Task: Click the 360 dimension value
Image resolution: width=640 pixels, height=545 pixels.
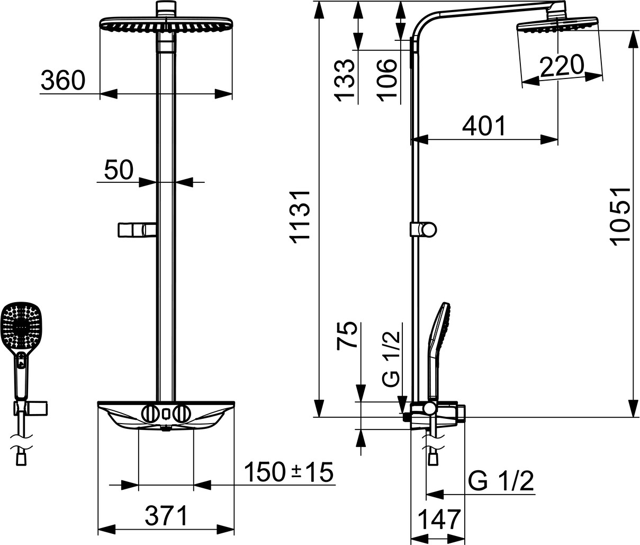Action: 63,80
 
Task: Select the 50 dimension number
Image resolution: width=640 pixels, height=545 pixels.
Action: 119,170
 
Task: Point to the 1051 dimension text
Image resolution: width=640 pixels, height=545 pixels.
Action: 621,216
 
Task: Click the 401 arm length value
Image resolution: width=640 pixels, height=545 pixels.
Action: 484,126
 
